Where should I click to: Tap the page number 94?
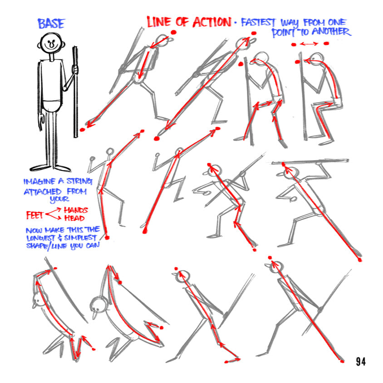361,361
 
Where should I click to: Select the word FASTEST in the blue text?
259,22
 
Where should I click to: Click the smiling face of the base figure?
51,44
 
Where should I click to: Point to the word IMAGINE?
40,182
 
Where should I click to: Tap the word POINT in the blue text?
284,32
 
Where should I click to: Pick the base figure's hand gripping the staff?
75,69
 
